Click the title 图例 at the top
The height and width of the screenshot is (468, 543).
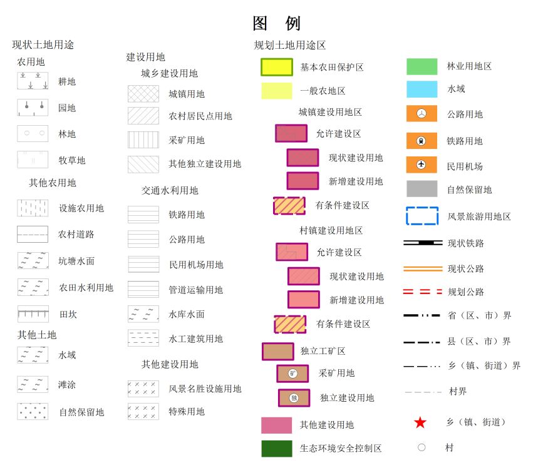[276, 24]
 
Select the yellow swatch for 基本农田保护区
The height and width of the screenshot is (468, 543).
[277, 67]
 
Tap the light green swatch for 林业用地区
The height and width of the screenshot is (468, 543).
[421, 66]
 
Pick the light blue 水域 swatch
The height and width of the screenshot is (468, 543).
[421, 89]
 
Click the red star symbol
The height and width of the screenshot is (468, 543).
[420, 422]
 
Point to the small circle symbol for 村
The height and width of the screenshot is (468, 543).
[421, 447]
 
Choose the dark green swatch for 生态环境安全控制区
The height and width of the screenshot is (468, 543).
[277, 449]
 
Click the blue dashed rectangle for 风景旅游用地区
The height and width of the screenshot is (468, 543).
[422, 216]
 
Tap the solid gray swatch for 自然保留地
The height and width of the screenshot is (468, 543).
[421, 189]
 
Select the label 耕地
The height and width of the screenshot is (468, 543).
[67, 81]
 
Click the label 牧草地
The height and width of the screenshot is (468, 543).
[71, 160]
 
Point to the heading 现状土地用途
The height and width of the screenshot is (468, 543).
[43, 44]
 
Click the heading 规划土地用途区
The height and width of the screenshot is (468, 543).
[289, 45]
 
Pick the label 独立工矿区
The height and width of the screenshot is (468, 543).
[323, 351]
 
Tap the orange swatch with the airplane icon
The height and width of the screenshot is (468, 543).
[421, 165]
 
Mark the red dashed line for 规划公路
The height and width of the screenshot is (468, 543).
[423, 292]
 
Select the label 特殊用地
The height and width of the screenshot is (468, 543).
[187, 412]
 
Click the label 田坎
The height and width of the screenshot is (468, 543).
[68, 314]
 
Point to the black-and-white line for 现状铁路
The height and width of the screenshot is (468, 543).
[423, 243]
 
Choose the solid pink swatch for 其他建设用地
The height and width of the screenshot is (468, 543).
[277, 425]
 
